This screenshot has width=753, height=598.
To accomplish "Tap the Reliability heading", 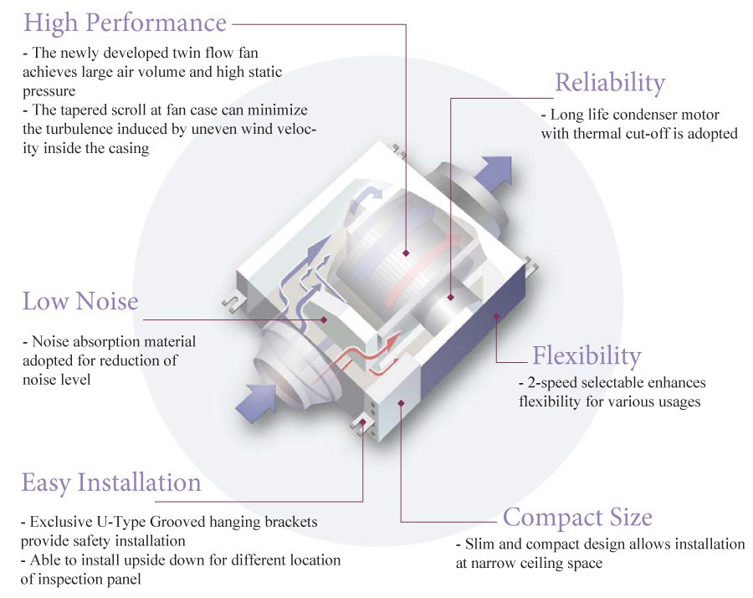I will click(x=610, y=83).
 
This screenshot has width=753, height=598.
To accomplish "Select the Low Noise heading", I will click(x=80, y=300).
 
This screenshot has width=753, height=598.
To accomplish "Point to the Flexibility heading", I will click(x=587, y=356).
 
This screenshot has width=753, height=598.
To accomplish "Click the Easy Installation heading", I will click(x=111, y=483).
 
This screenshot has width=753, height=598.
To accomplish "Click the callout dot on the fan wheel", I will click(x=405, y=253).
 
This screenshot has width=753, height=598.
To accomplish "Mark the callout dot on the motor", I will click(x=450, y=296).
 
